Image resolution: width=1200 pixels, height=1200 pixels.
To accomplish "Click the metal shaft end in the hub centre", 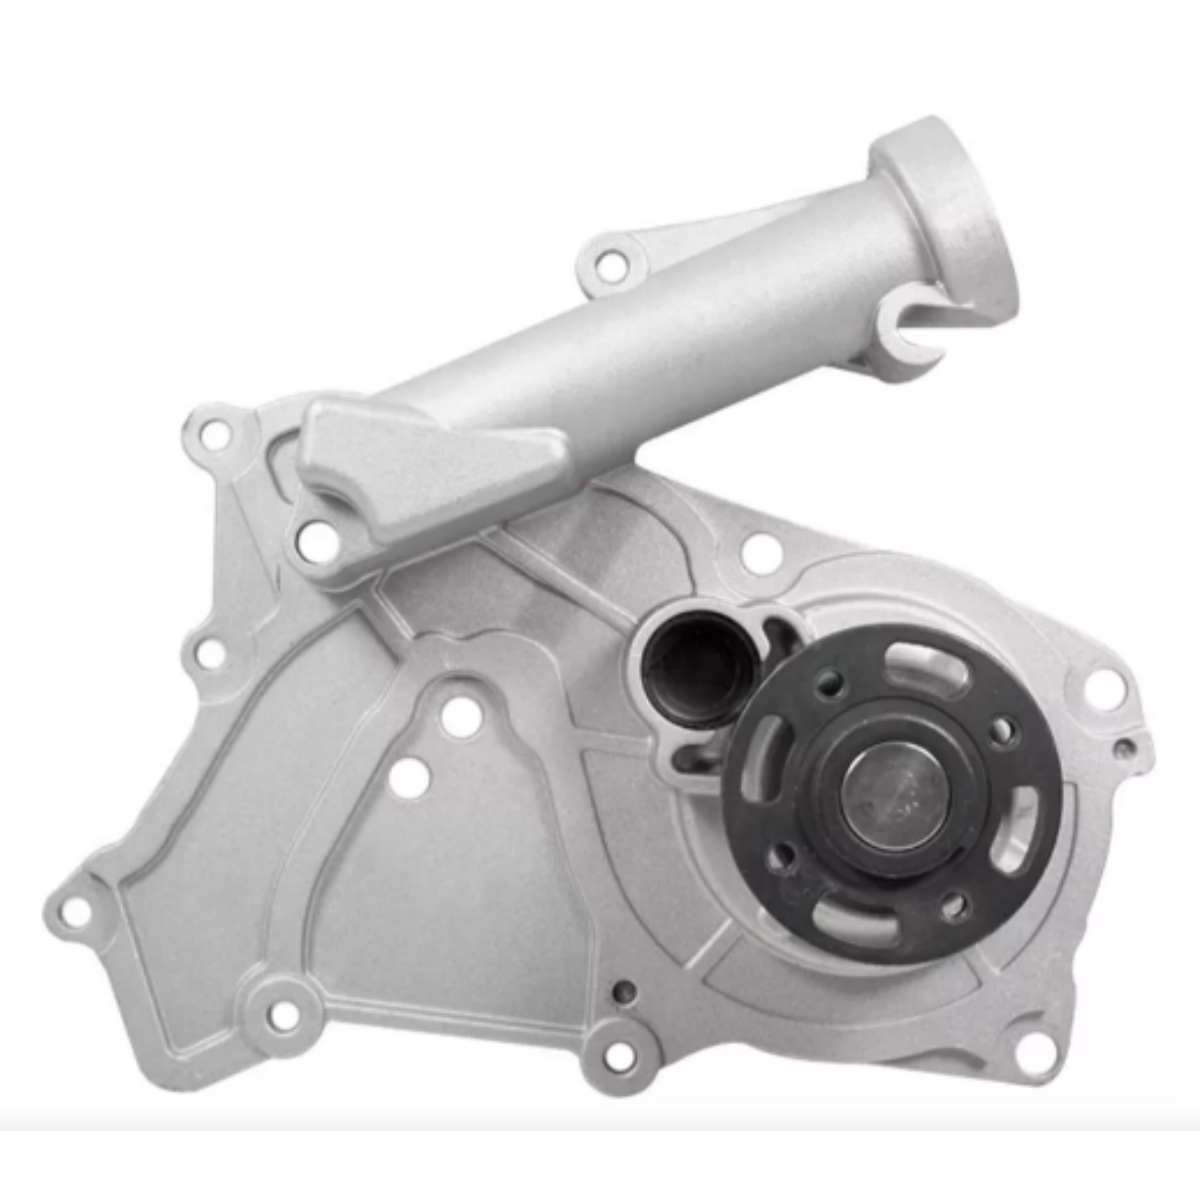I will [x=892, y=796].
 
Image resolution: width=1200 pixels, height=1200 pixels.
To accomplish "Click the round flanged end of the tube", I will [x=945, y=215].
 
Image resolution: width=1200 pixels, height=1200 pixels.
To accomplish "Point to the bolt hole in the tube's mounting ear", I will [x=609, y=266].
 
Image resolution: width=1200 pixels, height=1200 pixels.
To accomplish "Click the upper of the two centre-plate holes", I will [x=460, y=716].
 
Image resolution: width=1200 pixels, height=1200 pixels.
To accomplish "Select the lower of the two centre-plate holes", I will [x=409, y=779].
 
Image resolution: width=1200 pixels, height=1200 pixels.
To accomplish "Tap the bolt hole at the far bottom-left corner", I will [x=76, y=912].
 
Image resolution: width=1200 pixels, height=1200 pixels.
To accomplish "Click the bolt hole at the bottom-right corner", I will [x=1034, y=1050].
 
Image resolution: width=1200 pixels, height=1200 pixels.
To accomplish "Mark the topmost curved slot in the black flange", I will [x=925, y=668].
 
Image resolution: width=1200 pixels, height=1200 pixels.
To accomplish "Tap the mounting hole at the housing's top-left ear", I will [x=214, y=434].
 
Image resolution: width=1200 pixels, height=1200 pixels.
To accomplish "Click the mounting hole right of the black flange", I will [x=1103, y=689].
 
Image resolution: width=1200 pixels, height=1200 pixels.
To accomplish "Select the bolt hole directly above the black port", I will [x=761, y=553].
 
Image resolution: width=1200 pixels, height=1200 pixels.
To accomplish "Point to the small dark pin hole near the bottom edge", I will [x=624, y=992].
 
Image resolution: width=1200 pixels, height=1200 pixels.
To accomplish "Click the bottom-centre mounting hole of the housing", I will [x=620, y=1055].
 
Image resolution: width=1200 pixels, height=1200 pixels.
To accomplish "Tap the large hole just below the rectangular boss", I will [x=318, y=541].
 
